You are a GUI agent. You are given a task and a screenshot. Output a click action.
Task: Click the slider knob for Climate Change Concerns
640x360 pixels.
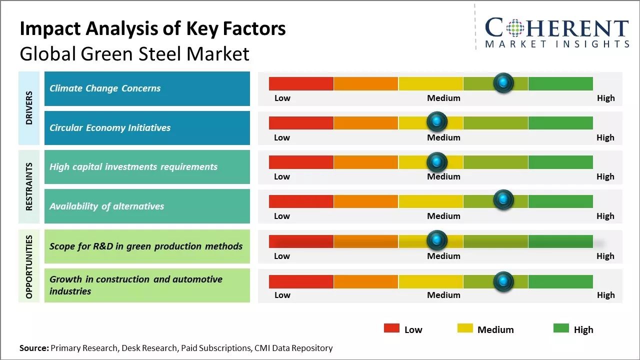[503, 82]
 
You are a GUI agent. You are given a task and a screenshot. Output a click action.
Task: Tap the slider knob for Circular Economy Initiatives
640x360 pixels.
[437, 121]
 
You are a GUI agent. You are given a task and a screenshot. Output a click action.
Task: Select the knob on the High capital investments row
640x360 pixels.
[437, 161]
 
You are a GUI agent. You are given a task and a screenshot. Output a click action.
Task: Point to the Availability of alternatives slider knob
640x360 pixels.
[503, 200]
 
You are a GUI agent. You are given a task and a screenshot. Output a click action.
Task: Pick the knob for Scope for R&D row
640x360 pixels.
[437, 240]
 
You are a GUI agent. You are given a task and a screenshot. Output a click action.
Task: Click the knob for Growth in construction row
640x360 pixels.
[503, 281]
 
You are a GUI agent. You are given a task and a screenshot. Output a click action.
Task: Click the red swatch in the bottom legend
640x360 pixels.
[391, 328]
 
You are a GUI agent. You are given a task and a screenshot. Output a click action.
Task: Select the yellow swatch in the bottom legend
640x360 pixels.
[465, 328]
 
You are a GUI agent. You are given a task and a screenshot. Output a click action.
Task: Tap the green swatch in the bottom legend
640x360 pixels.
[561, 328]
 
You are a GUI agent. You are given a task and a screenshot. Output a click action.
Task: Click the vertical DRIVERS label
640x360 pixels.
[29, 108]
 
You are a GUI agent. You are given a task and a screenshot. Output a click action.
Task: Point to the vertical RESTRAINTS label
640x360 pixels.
[29, 186]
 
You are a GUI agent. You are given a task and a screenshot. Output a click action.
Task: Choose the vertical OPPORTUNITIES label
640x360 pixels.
[29, 266]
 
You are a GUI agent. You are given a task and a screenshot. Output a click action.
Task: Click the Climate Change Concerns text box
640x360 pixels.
[147, 88]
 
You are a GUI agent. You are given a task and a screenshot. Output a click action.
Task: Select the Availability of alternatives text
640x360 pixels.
[106, 206]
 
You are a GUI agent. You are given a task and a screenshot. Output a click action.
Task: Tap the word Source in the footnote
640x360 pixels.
[34, 348]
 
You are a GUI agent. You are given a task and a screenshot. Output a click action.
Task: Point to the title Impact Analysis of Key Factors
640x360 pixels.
[152, 28]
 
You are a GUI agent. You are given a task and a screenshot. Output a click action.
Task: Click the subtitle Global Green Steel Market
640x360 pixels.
[134, 53]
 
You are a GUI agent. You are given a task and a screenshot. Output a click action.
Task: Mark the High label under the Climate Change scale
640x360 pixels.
[605, 98]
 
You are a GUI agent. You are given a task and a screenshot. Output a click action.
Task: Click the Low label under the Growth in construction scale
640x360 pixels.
[282, 295]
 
